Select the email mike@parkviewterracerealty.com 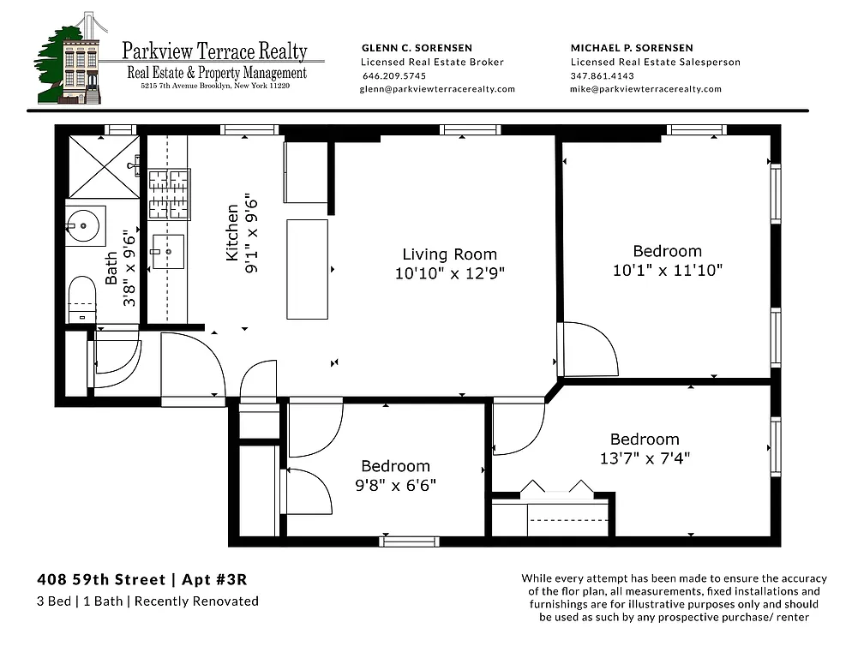(645, 89)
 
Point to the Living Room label (450, 254)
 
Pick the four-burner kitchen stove (169, 194)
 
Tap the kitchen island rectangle (307, 268)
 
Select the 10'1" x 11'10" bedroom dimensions (667, 271)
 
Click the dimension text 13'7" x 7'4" (645, 458)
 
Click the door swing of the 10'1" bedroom (590, 350)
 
